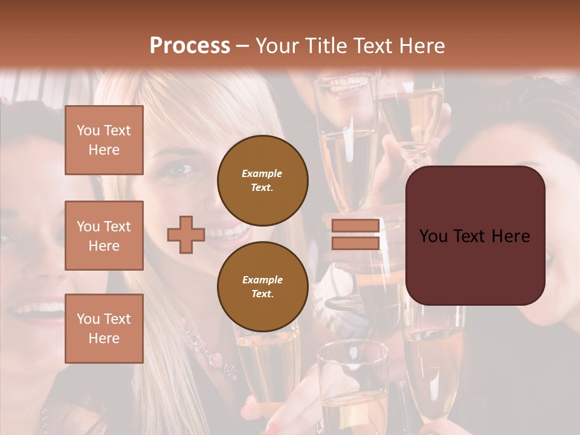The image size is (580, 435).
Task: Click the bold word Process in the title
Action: tap(190, 46)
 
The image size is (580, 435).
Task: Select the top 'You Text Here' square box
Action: tap(104, 140)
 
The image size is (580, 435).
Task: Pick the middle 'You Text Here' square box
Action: tap(104, 236)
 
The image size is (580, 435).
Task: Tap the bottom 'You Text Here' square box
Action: tap(104, 329)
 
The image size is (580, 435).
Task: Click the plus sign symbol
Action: tap(186, 234)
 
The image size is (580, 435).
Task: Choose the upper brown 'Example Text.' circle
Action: tap(262, 180)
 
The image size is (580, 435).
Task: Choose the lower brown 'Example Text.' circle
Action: tap(262, 286)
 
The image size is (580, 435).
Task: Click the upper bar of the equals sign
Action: tap(355, 225)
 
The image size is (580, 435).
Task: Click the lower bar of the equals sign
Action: tap(355, 243)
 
